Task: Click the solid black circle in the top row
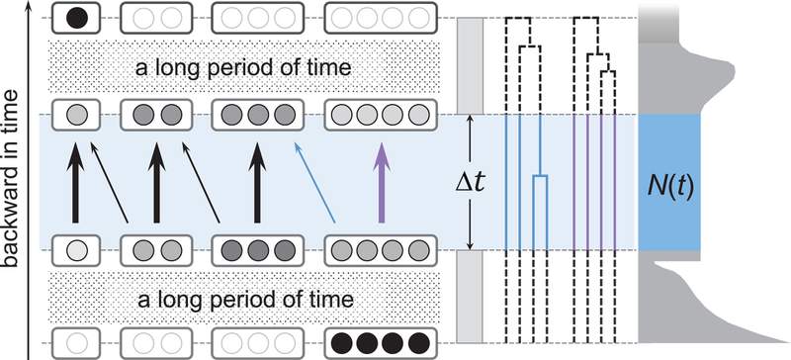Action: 77,19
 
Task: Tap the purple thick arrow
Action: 382,182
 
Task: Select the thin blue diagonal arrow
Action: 314,182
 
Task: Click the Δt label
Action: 470,183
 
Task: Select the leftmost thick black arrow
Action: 76,182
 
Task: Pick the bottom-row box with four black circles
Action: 381,343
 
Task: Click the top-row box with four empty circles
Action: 381,19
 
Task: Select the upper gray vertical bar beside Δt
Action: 470,65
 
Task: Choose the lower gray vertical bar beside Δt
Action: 470,297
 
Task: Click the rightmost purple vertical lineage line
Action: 615,182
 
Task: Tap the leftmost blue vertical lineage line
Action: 506,182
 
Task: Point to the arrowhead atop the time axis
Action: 29,5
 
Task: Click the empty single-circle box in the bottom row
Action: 77,343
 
